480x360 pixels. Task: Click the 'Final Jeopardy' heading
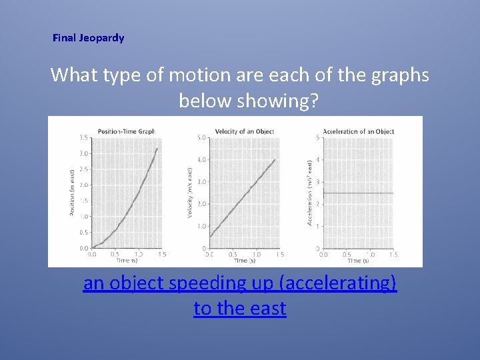click(88, 38)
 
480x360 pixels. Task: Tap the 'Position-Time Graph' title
click(127, 131)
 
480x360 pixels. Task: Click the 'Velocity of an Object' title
click(245, 131)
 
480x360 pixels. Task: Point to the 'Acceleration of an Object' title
click(358, 131)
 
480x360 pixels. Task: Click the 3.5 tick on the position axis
click(83, 138)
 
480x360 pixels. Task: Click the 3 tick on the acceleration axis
click(317, 182)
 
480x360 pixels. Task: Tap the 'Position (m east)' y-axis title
click(72, 193)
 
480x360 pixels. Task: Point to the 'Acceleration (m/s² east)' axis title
click(309, 193)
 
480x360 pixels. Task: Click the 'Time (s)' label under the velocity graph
click(241, 261)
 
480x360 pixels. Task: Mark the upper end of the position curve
click(157, 149)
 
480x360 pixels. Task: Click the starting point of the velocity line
click(210, 237)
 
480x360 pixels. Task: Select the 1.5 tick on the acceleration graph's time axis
click(393, 254)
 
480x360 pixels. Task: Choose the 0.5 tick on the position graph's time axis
click(115, 254)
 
